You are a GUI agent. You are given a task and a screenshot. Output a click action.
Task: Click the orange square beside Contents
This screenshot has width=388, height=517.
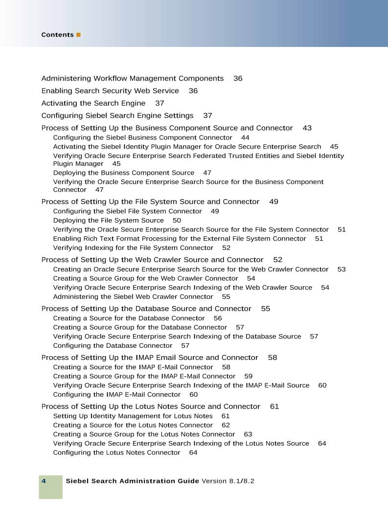point(78,35)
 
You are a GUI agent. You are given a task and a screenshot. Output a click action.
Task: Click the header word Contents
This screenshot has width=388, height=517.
point(57,35)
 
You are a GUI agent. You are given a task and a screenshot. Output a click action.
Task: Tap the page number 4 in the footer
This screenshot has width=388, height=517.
point(44,481)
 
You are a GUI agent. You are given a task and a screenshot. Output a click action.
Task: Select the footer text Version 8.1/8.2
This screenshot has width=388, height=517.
point(228,481)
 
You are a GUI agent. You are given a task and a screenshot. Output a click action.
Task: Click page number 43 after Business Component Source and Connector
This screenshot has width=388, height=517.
point(307,128)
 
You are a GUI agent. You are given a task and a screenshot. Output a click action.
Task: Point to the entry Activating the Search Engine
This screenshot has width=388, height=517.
point(93,103)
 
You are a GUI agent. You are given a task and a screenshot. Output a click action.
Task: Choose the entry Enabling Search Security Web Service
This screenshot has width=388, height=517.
point(110,91)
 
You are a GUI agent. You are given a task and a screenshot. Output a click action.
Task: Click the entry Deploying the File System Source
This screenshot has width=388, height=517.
point(108,221)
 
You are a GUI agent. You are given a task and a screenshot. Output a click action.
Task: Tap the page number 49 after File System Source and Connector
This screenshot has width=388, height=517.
point(274,202)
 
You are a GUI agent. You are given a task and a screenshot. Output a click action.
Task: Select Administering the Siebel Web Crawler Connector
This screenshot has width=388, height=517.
point(133,297)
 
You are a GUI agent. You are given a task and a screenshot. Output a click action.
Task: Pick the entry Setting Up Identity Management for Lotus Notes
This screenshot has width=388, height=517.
point(133,416)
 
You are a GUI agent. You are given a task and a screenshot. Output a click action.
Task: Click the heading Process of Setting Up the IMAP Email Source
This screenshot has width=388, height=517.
point(150,358)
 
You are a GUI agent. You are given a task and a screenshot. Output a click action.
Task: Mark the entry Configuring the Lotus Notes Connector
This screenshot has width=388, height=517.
point(116,453)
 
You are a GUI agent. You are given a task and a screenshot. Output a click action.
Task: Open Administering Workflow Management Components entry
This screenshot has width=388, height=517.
point(132,78)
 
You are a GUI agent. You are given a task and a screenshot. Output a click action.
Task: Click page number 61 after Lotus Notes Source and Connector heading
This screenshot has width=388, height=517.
point(274,406)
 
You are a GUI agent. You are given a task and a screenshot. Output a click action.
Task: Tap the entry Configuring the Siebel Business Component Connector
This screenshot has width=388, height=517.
point(142,138)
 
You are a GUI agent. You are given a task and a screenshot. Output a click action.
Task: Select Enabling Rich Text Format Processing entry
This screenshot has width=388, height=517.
point(180,239)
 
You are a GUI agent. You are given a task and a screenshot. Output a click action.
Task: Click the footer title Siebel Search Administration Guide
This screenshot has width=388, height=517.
point(132,481)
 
